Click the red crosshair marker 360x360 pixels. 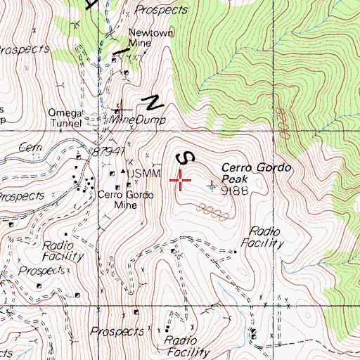(181, 181)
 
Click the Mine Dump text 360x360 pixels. (140, 120)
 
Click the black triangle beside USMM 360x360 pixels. (122, 172)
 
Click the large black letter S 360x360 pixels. (186, 157)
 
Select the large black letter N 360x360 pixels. (151, 103)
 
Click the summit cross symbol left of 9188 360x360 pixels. (214, 186)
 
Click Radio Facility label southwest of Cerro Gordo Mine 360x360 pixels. (64, 250)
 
